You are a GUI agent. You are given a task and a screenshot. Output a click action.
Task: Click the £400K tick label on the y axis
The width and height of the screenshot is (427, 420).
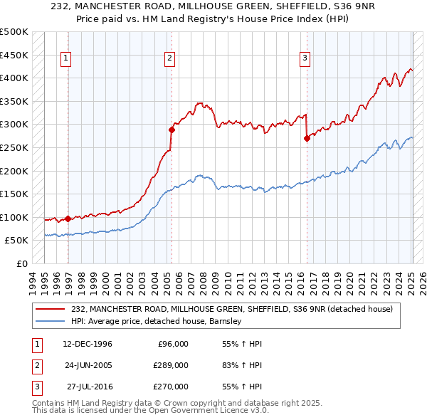tap(14, 78)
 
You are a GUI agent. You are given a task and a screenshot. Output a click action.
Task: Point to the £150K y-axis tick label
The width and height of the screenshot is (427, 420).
tap(14, 194)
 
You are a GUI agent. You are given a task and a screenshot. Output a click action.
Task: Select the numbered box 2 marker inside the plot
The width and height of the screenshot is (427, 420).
tap(171, 59)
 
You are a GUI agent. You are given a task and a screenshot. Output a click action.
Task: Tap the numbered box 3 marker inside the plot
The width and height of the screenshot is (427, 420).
tap(305, 59)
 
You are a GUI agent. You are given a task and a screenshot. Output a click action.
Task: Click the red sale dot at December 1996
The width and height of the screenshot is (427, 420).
tap(68, 219)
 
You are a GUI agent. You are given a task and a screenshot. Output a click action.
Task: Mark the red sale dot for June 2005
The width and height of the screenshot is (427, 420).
tap(172, 130)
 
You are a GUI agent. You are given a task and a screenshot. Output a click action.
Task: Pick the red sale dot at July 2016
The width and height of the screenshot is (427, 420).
tap(307, 139)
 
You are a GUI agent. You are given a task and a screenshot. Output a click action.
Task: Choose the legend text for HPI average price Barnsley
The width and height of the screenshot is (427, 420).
tap(157, 321)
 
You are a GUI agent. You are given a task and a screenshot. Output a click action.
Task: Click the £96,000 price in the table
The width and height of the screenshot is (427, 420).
tap(172, 344)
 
